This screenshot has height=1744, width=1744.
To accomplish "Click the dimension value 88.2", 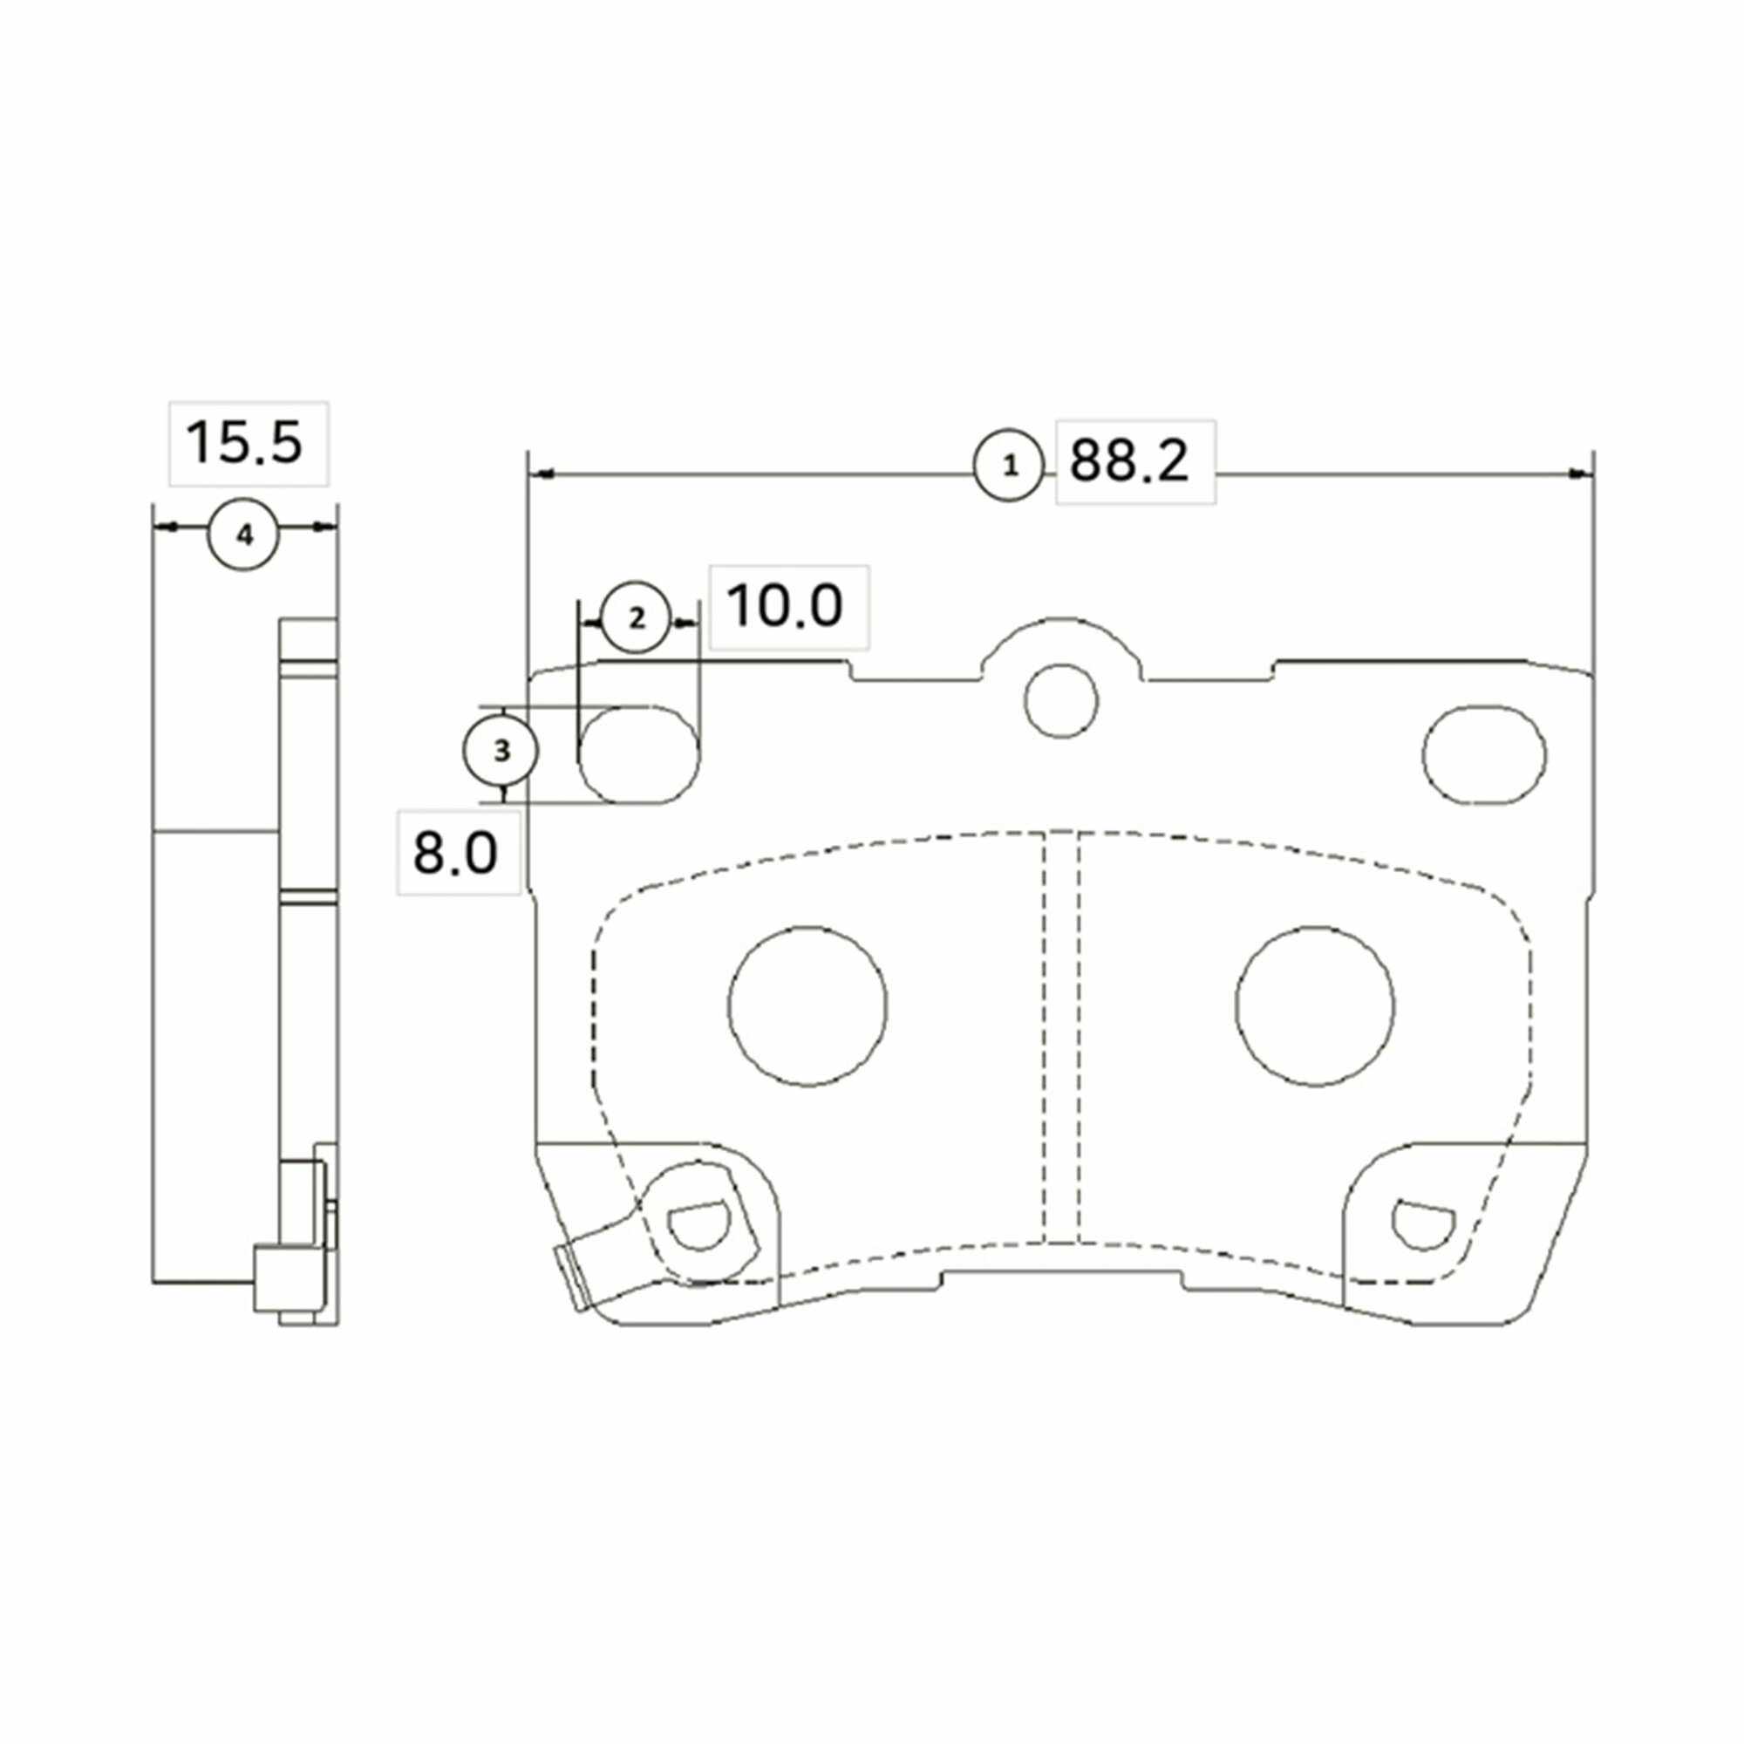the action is pos(1129,461).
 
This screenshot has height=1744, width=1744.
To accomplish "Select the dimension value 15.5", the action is pos(244,443).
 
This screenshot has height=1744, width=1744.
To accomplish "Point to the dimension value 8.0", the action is pos(455,852).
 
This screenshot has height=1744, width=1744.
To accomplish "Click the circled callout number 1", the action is pos(1009,466).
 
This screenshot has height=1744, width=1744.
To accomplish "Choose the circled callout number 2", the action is pos(637,617).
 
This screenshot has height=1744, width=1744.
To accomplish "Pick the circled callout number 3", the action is pos(501,750).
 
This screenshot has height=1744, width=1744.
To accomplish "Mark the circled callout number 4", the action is pos(244,535).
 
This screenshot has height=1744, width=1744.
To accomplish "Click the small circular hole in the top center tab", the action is pos(1061,700).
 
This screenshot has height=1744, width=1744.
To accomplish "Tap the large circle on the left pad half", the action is pos(807,1005).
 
